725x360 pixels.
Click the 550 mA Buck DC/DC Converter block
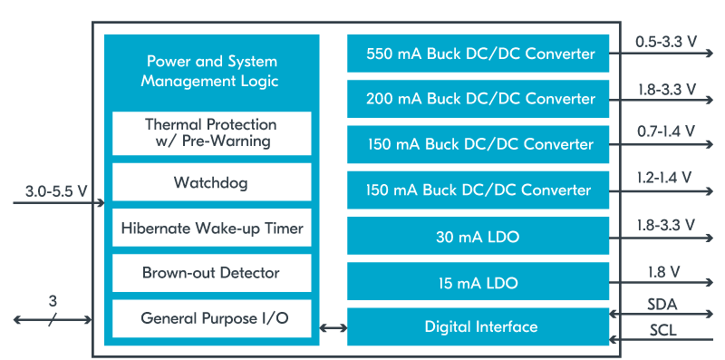pyautogui.click(x=480, y=54)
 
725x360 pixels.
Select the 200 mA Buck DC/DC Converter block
pyautogui.click(x=480, y=99)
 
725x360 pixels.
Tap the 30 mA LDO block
pyautogui.click(x=480, y=236)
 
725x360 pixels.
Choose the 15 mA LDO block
pyautogui.click(x=480, y=282)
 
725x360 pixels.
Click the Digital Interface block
pyautogui.click(x=480, y=326)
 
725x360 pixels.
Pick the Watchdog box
pyautogui.click(x=211, y=182)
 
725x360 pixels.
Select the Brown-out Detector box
pyautogui.click(x=211, y=272)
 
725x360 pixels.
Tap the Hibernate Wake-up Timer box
pyautogui.click(x=211, y=228)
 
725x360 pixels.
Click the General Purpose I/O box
pyautogui.click(x=211, y=318)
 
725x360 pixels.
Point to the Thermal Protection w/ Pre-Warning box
pyautogui.click(x=211, y=132)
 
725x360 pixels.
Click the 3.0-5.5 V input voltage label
pyautogui.click(x=57, y=190)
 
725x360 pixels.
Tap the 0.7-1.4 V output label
pyautogui.click(x=665, y=131)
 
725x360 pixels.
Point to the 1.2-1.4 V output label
pyautogui.click(x=665, y=178)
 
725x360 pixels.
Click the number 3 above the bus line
pyautogui.click(x=53, y=300)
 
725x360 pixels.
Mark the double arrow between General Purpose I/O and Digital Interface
pyautogui.click(x=333, y=327)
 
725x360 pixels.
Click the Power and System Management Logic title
pyautogui.click(x=212, y=72)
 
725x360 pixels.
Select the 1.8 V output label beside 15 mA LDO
pyautogui.click(x=665, y=271)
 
